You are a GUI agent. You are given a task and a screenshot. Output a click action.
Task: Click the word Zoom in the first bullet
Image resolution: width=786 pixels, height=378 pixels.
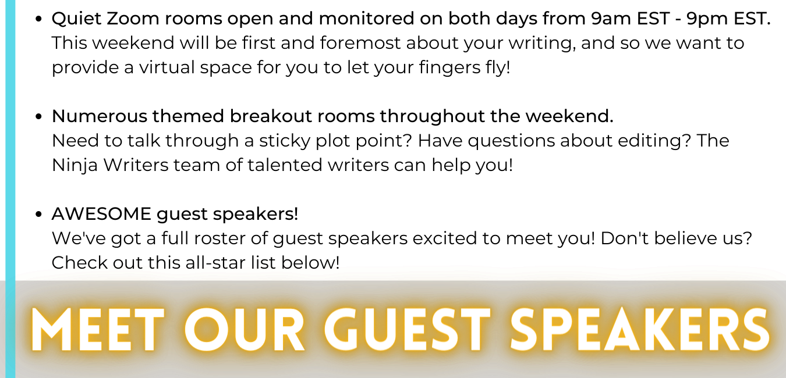coord(133,18)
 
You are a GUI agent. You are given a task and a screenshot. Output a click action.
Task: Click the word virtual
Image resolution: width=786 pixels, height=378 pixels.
coord(167,67)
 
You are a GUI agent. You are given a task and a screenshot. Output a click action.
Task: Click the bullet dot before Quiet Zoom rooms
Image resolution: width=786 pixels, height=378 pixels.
coord(38,19)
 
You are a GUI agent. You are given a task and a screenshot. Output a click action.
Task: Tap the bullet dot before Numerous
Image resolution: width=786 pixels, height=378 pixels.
coord(38,116)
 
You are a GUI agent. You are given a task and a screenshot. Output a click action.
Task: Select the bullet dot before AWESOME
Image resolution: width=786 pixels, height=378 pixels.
coord(38,214)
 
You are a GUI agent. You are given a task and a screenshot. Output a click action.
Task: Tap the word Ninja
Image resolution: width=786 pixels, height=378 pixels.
coord(75,166)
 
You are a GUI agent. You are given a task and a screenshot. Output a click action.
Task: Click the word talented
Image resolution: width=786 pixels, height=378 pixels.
coord(285,165)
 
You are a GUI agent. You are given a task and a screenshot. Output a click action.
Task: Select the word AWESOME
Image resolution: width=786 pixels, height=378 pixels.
coord(101,213)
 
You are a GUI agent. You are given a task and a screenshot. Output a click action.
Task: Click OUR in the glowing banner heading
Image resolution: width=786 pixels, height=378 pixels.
coord(245,329)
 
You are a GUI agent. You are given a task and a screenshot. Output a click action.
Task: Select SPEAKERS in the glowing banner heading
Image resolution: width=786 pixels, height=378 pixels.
coord(640,329)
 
